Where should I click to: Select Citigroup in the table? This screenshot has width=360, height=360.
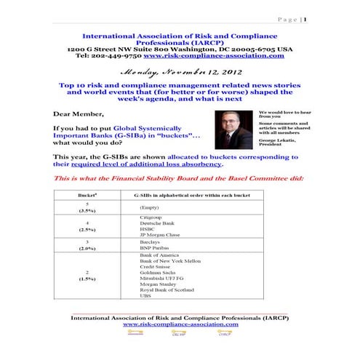coord(153,217)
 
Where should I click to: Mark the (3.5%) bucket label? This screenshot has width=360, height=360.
coord(87,211)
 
